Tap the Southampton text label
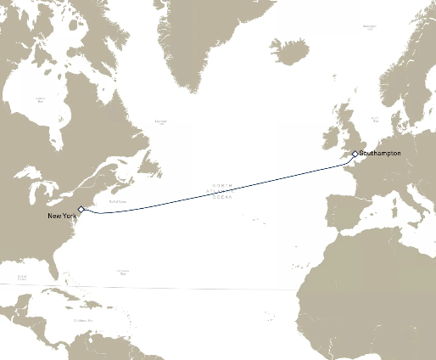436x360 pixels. click(379, 153)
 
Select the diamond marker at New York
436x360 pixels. click(81, 209)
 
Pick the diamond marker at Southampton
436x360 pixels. click(355, 154)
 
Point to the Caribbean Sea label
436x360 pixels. click(82, 320)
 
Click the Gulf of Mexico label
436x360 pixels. click(22, 278)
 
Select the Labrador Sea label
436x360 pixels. click(161, 121)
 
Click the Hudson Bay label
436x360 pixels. click(39, 99)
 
